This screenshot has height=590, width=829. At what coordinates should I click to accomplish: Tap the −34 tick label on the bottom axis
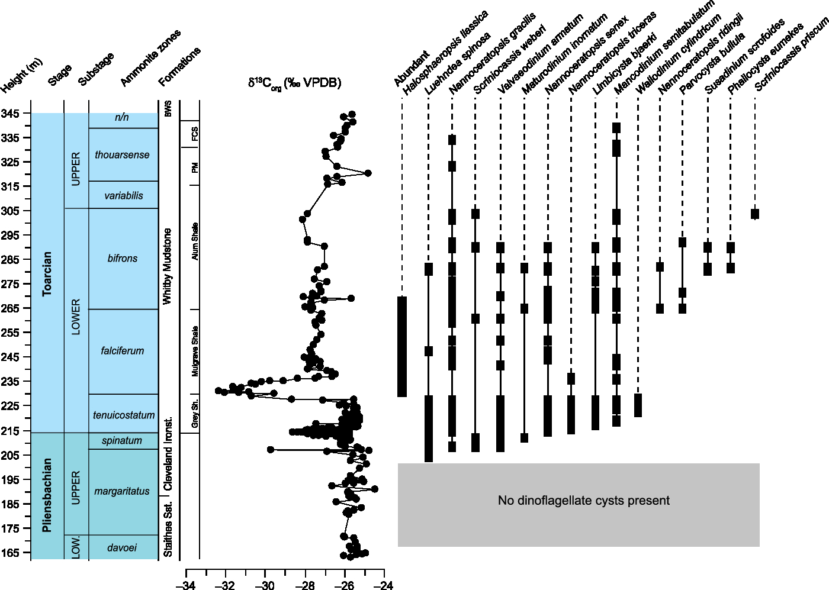coord(186,585)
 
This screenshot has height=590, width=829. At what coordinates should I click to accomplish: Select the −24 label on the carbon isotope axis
coord(384,585)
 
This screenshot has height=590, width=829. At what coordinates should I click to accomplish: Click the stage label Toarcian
coord(47,273)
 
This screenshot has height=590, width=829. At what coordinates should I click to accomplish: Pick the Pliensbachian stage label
coord(47,495)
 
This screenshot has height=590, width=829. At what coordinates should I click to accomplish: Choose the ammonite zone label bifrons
coord(123,259)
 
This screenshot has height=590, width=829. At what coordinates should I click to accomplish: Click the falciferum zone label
coord(123,351)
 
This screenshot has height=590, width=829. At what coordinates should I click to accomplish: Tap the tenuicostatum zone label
coord(124,415)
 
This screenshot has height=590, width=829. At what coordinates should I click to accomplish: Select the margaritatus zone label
coord(122,491)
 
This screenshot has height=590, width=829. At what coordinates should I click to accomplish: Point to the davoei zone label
coord(122,548)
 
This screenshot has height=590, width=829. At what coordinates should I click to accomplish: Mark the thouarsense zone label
coord(122,155)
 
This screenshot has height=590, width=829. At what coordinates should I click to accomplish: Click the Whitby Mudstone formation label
coord(168,266)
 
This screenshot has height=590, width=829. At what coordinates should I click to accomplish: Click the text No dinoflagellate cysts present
coord(583,501)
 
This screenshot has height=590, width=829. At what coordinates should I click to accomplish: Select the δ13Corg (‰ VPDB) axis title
coord(294,83)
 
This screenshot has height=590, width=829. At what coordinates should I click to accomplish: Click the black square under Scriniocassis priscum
coord(755,214)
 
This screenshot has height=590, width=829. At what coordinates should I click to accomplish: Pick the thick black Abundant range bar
coord(402,346)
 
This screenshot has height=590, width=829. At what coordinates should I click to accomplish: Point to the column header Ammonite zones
coord(150,58)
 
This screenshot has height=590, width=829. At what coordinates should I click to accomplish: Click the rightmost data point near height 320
coord(368,173)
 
